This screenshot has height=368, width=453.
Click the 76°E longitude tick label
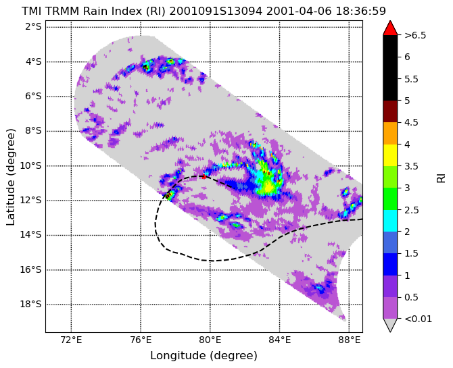141,340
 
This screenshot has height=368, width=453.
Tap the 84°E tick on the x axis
280,340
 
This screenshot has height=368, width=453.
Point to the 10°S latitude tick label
30,165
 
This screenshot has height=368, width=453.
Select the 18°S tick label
30,305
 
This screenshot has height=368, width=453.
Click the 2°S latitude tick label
33,27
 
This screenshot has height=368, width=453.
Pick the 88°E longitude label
350,340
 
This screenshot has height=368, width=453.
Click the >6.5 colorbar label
415,35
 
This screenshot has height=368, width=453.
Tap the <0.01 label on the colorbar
418,319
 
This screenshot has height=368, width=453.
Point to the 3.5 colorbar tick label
411,166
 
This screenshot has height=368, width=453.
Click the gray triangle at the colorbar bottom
390,324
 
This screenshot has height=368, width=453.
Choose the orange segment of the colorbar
390,133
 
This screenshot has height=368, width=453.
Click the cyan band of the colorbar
390,221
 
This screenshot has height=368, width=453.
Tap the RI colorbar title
441,177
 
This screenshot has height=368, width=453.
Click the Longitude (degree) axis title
204,356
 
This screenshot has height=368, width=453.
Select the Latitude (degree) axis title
10,177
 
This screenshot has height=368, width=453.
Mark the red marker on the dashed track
204,176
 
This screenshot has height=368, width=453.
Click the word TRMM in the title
62,11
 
